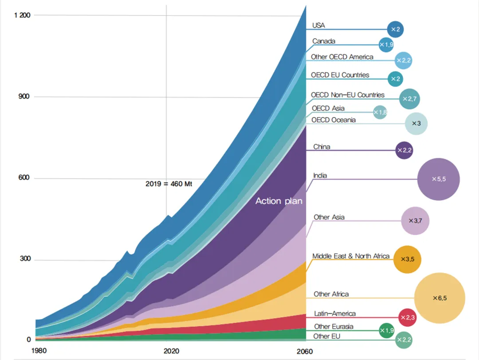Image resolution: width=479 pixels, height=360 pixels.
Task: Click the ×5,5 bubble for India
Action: pyautogui.click(x=438, y=179)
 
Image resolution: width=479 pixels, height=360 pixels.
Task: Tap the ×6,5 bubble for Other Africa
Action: pyautogui.click(x=440, y=298)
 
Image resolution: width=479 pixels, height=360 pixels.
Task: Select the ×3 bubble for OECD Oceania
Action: pyautogui.click(x=416, y=123)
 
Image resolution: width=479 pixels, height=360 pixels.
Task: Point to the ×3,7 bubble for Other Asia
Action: pyautogui.click(x=415, y=220)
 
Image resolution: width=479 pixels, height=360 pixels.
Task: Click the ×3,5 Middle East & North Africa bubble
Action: pyautogui.click(x=407, y=259)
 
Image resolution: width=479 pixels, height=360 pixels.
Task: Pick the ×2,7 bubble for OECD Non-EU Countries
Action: pyautogui.click(x=409, y=99)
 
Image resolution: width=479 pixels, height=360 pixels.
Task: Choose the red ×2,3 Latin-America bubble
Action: pyautogui.click(x=407, y=317)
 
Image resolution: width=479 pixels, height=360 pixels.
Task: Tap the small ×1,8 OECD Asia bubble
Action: pyautogui.click(x=380, y=113)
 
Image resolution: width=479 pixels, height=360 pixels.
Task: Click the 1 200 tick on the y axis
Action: pyautogui.click(x=22, y=16)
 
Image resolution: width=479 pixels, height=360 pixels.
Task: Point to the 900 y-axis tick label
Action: pyautogui.click(x=25, y=97)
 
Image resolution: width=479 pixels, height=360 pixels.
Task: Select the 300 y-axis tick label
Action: pyautogui.click(x=25, y=259)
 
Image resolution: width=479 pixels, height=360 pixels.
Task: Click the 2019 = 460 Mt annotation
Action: pyautogui.click(x=169, y=183)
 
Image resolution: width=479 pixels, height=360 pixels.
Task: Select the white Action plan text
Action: pyautogui.click(x=279, y=201)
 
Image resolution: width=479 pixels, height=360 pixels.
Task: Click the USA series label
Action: pyautogui.click(x=318, y=26)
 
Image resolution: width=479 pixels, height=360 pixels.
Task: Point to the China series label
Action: pyautogui.click(x=322, y=147)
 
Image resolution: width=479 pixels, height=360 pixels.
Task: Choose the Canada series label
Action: pyautogui.click(x=324, y=41)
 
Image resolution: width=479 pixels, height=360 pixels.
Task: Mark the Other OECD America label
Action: pyautogui.click(x=342, y=57)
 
